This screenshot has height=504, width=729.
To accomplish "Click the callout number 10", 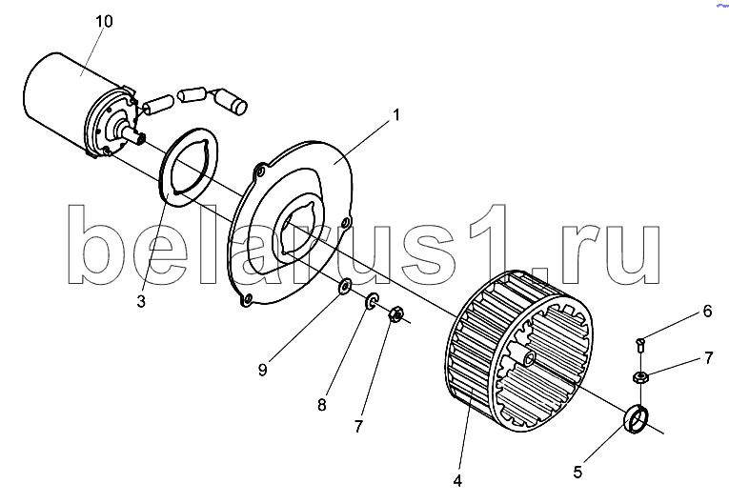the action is pos(104,21).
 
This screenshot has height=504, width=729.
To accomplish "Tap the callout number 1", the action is pos(396,115).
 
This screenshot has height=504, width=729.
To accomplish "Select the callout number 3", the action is pos(141,301).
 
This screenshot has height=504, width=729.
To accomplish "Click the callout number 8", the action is pos(322,405).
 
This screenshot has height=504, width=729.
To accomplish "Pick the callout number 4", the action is pos(457,481).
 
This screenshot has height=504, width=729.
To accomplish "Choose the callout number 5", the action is pos(577,473).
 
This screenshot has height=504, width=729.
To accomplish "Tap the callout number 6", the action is pos(707,311).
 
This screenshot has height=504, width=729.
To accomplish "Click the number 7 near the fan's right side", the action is pos(709,358).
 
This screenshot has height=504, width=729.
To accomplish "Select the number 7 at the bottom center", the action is pos(358,427).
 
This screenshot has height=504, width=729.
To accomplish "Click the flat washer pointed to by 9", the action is pos(345,288).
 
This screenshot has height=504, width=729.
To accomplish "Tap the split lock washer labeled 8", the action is pos(373,301).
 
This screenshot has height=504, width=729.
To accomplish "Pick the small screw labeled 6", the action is pos(640,345).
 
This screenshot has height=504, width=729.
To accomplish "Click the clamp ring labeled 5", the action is pos(636,418).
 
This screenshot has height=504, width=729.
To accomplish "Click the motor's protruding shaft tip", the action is pos(139,137).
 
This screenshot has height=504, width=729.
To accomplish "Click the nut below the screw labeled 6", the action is pos(640,375).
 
